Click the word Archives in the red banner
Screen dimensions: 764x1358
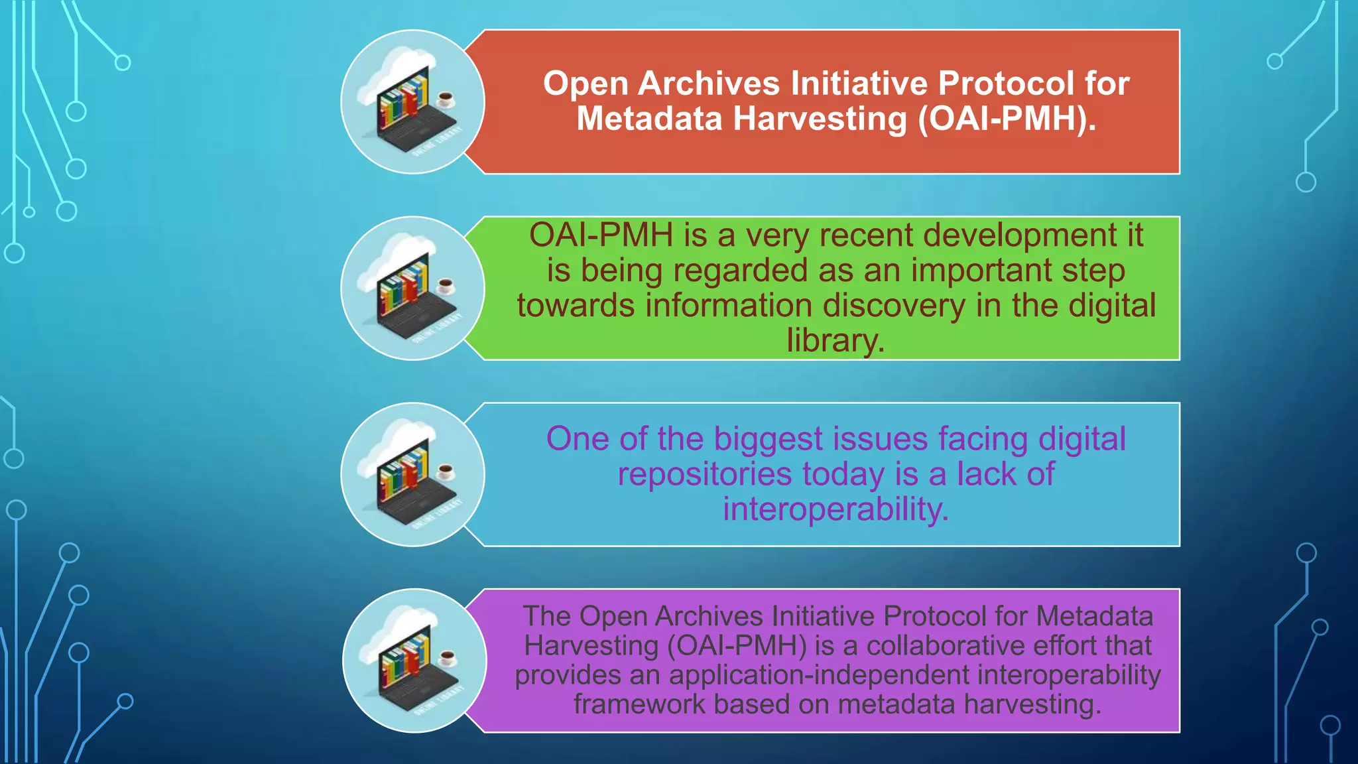tap(709, 84)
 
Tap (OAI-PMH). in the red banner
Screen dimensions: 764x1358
tap(1007, 119)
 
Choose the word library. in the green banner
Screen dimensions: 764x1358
tap(835, 341)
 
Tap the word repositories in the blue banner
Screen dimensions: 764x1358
tap(704, 474)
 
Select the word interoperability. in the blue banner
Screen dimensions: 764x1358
tap(835, 509)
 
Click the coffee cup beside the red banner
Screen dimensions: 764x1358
tap(446, 99)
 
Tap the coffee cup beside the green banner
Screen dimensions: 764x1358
tap(446, 286)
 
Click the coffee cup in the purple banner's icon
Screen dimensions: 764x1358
tap(448, 658)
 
